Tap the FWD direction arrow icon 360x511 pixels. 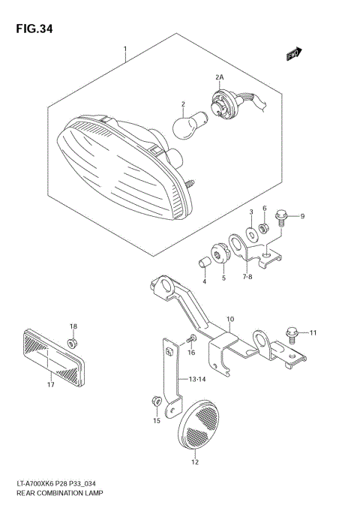pos(293,53)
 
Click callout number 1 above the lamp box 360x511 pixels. pos(125,50)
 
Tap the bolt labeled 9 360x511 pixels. pos(283,217)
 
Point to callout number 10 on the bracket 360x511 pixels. pos(230,318)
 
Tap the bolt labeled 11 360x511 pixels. pos(293,332)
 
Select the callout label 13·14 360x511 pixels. pos(197,379)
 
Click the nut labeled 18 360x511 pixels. pos(73,343)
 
